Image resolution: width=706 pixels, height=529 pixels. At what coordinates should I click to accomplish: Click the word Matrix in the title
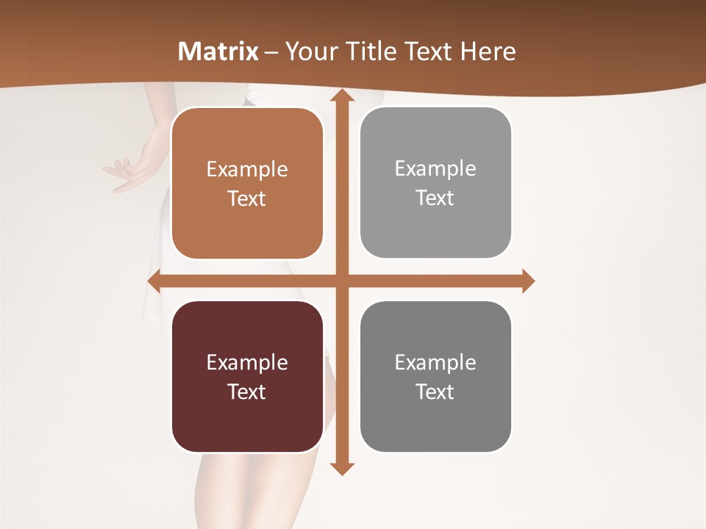click(218, 51)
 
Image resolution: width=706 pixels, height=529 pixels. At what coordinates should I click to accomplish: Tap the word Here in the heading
click(488, 51)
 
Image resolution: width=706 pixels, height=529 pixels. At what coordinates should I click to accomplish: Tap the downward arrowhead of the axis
click(342, 468)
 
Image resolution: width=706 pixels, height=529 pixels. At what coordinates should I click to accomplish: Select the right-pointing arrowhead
click(527, 281)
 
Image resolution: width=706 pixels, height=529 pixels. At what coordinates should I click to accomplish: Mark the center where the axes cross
click(342, 281)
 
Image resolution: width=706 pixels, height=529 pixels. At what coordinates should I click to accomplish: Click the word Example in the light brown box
click(247, 170)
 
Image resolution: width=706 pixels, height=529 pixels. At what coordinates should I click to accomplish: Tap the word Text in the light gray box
click(435, 198)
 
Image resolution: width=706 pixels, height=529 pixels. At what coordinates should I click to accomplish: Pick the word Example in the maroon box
click(247, 363)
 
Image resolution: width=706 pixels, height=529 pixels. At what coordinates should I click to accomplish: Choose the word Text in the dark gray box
click(435, 392)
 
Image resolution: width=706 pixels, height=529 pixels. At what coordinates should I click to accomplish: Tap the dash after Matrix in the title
click(271, 52)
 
